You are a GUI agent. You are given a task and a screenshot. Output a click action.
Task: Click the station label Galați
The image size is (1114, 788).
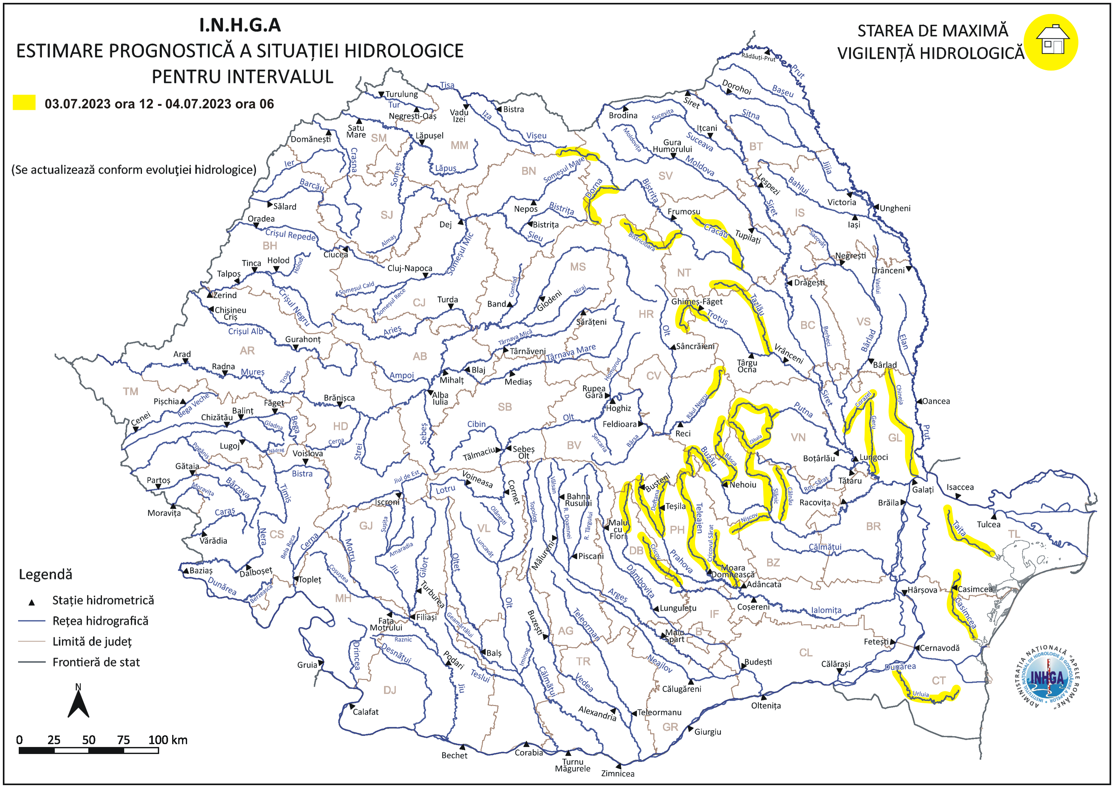tap(922, 490)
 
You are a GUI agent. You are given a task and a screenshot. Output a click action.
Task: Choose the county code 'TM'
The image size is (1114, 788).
tap(131, 391)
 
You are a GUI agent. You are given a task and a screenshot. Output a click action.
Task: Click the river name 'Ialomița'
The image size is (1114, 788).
tap(826, 610)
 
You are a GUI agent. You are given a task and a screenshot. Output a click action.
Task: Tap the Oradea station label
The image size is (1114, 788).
tap(261, 219)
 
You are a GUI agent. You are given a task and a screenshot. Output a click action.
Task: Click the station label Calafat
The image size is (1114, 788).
tap(365, 712)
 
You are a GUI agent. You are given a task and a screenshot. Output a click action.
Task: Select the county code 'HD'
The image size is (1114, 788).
tap(340, 426)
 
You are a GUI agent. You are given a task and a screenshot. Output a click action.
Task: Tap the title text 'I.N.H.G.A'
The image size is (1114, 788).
tap(240, 25)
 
